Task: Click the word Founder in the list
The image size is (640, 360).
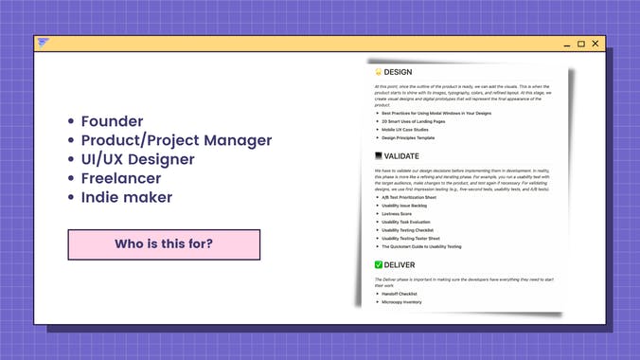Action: [112, 121]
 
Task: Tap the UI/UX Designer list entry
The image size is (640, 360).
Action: [137, 159]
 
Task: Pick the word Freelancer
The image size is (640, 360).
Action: [120, 178]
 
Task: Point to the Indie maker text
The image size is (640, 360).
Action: [127, 197]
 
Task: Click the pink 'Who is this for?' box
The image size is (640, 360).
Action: [164, 244]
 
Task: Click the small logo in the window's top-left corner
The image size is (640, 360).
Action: [43, 43]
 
